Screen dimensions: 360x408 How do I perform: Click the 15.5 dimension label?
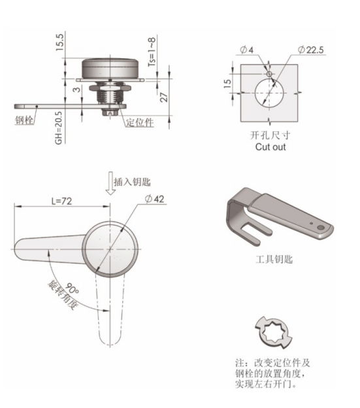(x=60, y=42)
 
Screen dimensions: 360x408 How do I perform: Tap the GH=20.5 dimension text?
(x=59, y=127)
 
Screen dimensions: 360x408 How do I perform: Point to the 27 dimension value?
(x=164, y=97)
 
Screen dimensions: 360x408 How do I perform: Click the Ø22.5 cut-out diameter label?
(x=311, y=50)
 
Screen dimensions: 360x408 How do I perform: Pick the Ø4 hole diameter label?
(x=246, y=50)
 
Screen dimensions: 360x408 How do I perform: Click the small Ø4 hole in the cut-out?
(x=269, y=74)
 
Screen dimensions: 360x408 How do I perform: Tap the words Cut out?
(x=270, y=146)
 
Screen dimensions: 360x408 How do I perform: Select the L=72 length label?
(x=61, y=201)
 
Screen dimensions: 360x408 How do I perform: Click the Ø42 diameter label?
(x=154, y=199)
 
